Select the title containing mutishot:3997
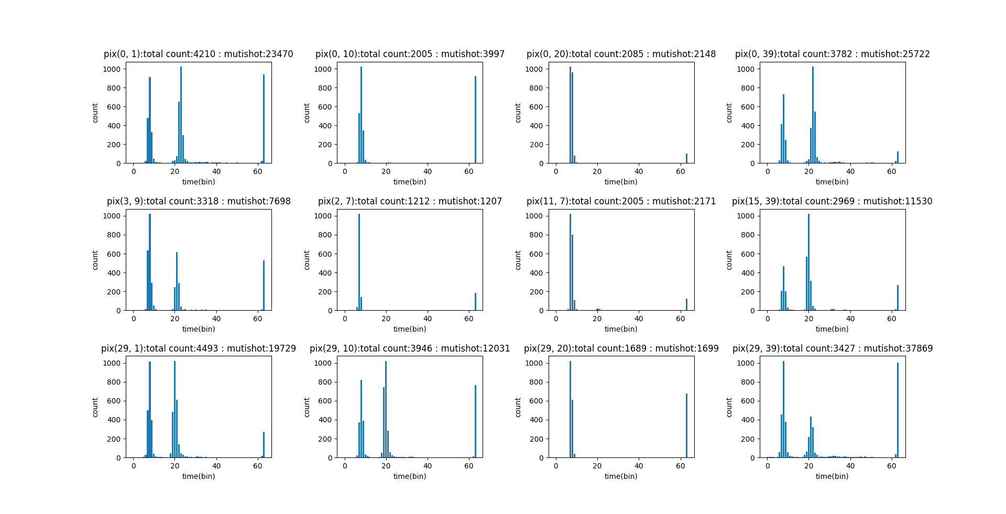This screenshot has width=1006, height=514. pyautogui.click(x=410, y=54)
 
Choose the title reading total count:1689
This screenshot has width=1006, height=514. pyautogui.click(x=621, y=348)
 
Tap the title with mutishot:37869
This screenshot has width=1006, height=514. pyautogui.click(x=832, y=348)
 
